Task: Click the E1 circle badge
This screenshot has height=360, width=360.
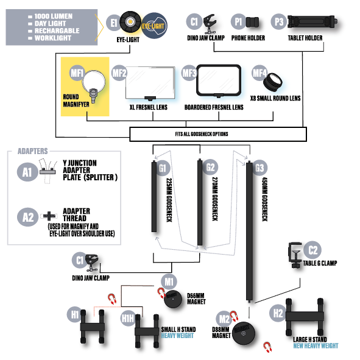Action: (114, 23)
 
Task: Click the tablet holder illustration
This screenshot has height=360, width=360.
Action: (311, 25)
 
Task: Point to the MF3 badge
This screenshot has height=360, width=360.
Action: (190, 74)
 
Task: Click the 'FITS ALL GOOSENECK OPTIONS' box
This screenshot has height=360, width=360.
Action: (218, 133)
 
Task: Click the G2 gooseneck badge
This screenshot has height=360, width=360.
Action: (210, 167)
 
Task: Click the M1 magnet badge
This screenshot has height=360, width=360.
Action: (169, 282)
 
